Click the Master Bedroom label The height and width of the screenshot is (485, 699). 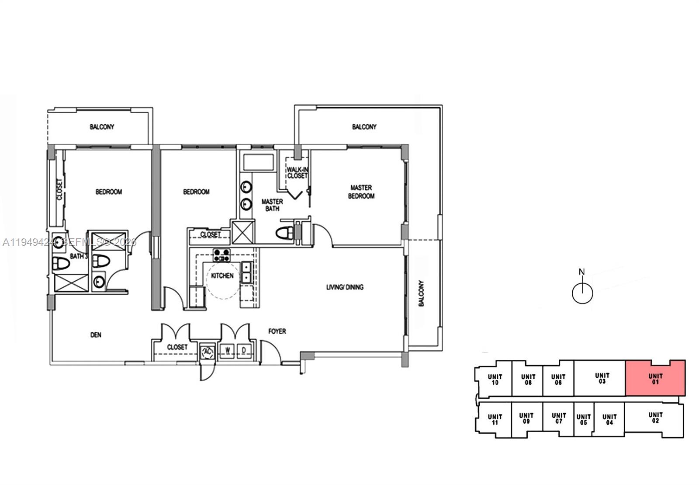(361, 192)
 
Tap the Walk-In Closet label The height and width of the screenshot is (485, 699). (297, 173)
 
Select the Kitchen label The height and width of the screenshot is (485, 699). (222, 276)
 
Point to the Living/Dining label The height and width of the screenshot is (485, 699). (345, 287)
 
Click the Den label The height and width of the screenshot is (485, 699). (96, 335)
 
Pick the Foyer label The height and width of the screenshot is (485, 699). (277, 331)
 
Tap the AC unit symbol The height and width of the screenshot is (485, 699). (208, 352)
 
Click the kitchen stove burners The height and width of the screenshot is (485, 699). (221, 255)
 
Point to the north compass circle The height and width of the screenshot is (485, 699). (582, 293)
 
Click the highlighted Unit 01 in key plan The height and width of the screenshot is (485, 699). (655, 379)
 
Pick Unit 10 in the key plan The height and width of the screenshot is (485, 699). (495, 380)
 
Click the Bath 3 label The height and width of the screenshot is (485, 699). (79, 256)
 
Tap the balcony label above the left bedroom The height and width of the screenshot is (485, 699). (102, 127)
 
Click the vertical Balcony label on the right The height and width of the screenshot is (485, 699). (421, 293)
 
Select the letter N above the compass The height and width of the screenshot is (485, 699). (581, 272)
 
